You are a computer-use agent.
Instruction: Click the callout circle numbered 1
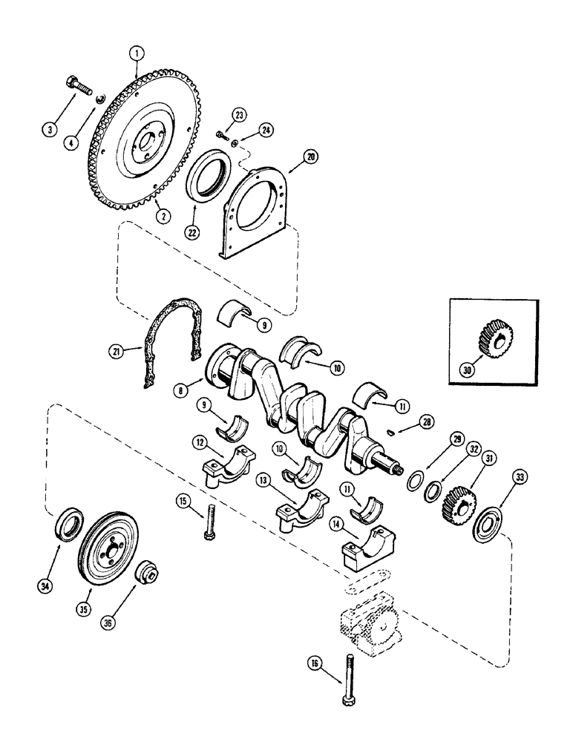tap(137, 53)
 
